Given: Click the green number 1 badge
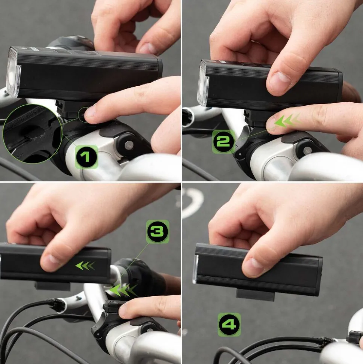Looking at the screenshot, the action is [86, 157].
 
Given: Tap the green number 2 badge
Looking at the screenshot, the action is [223, 142].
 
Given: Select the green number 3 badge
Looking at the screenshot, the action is [158, 231].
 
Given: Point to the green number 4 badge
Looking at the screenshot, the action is [229, 325].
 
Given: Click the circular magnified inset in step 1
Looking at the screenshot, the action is [33, 134].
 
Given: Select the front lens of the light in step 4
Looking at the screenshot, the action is [195, 269].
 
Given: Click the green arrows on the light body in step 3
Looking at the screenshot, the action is [85, 266].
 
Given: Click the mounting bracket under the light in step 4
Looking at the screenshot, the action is [255, 295].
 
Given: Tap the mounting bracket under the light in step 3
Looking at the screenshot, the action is [52, 286].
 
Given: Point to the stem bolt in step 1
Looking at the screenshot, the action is [129, 145].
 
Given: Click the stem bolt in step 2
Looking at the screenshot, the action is [307, 150].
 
